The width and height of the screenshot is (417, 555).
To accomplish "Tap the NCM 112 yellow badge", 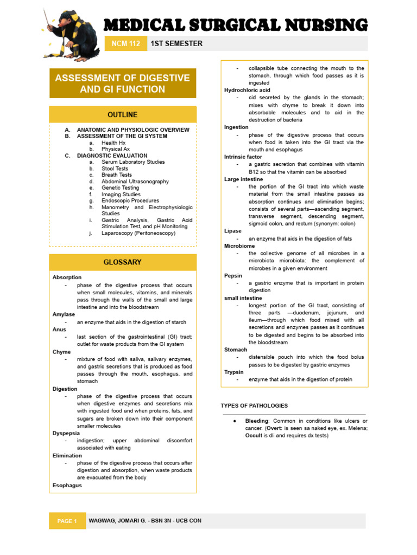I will (x=126, y=43).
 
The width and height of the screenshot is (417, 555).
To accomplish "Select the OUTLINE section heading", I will (x=123, y=115).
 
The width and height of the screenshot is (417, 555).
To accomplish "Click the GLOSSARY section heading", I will (x=123, y=262).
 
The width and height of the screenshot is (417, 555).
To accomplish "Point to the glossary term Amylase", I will (x=64, y=314).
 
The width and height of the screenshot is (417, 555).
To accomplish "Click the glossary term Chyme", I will (x=61, y=352).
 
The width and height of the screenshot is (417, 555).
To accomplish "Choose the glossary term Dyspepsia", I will (x=65, y=433).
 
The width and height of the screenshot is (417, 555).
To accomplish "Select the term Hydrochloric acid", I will (x=243, y=90).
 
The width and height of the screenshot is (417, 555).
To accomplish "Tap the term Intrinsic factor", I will (x=243, y=157).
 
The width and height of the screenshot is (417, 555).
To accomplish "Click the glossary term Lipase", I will (x=233, y=231).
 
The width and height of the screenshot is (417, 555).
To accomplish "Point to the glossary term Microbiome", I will (x=239, y=246).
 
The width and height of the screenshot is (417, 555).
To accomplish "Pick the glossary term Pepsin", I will (x=233, y=275).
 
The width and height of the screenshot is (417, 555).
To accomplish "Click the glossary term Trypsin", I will (x=234, y=372).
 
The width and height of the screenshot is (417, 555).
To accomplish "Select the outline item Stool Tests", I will (x=115, y=169).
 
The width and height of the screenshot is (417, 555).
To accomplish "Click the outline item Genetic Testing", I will (x=120, y=188).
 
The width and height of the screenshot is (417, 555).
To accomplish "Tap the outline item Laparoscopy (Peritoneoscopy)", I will (x=138, y=233).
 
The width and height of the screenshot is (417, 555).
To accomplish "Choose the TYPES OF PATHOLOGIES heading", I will (x=254, y=406).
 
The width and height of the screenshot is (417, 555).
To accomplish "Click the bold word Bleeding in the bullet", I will (x=257, y=421).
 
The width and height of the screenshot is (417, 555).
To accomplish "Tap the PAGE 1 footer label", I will (x=68, y=521).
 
